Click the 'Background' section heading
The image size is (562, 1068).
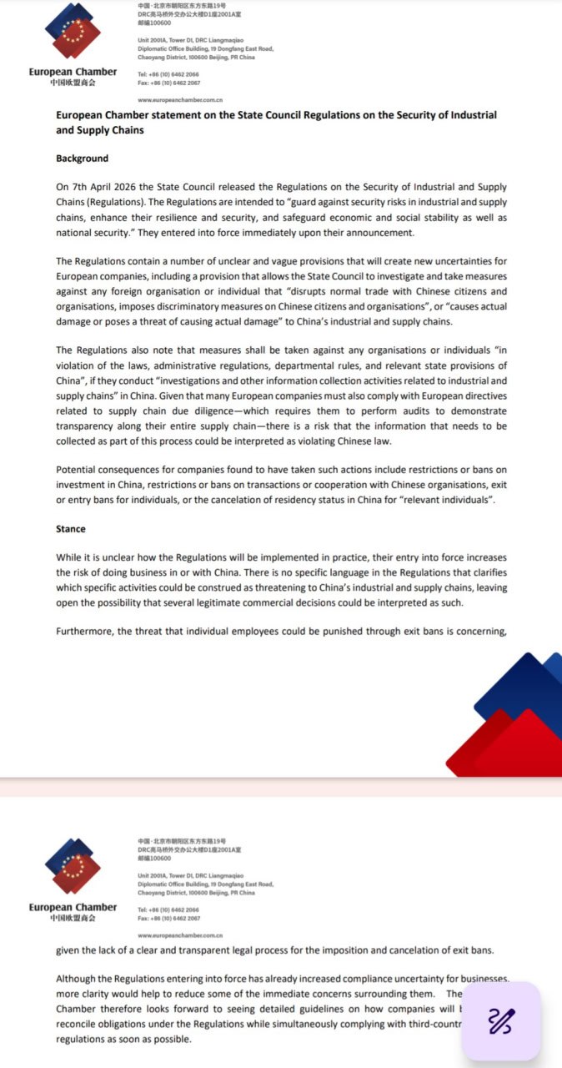[x=82, y=159]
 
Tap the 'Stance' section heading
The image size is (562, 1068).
[x=71, y=529]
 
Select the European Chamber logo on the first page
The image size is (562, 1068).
[x=73, y=33]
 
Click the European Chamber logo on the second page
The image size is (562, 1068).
[x=73, y=867]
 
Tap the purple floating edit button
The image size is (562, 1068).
[x=501, y=1020]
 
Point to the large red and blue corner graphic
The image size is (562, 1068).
[x=508, y=718]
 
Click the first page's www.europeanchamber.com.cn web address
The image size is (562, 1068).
[x=180, y=99]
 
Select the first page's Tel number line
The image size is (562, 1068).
[x=169, y=74]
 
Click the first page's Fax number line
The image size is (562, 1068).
[x=169, y=83]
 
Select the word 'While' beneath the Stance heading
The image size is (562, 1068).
[x=68, y=557]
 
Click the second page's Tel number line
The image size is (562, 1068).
[x=169, y=909]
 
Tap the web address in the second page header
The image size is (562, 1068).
[x=180, y=935]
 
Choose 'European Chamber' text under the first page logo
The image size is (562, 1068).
[x=73, y=72]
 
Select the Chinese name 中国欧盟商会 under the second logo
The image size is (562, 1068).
[x=73, y=918]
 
